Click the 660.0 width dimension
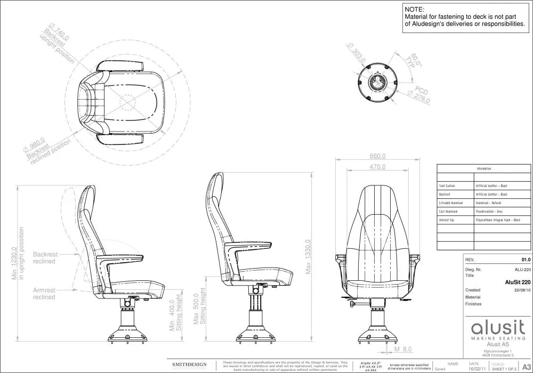(377, 156)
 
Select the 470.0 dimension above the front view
(377, 167)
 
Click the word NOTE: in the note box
(415, 10)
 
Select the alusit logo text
(493, 326)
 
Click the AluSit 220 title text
(518, 282)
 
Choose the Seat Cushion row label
(447, 186)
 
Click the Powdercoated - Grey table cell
(489, 212)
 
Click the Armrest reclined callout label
(44, 294)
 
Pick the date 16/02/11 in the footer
(462, 368)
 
